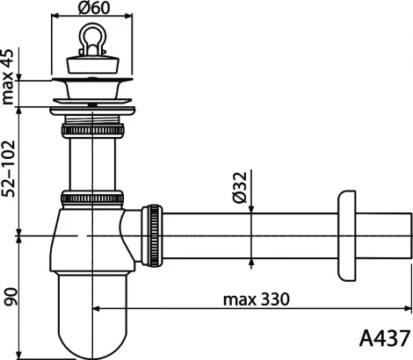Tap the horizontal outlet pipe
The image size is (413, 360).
point(246,234)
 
